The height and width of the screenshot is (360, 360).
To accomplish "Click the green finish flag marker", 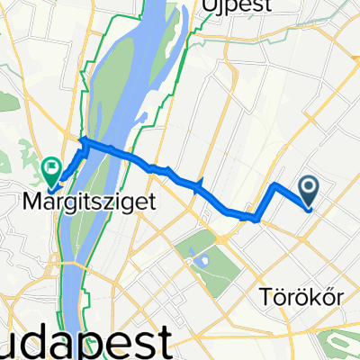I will pos(51,165).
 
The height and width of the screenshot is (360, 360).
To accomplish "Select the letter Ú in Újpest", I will pos(207,8).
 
